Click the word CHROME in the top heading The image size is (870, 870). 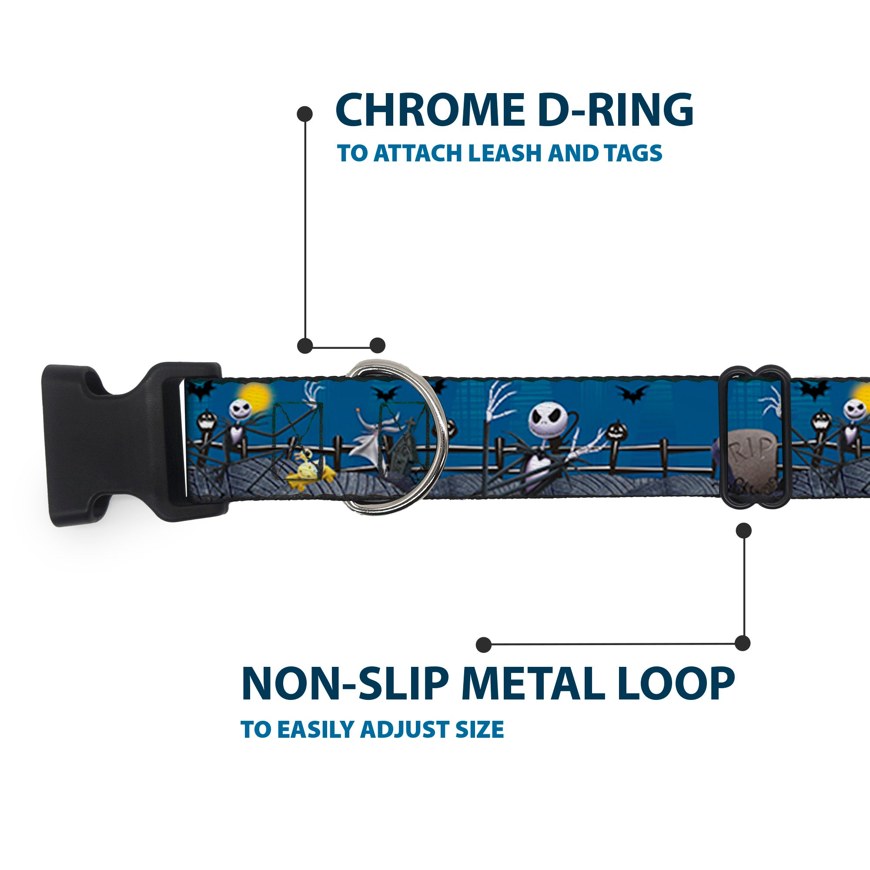click(430, 110)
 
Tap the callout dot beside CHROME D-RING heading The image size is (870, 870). click(305, 114)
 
